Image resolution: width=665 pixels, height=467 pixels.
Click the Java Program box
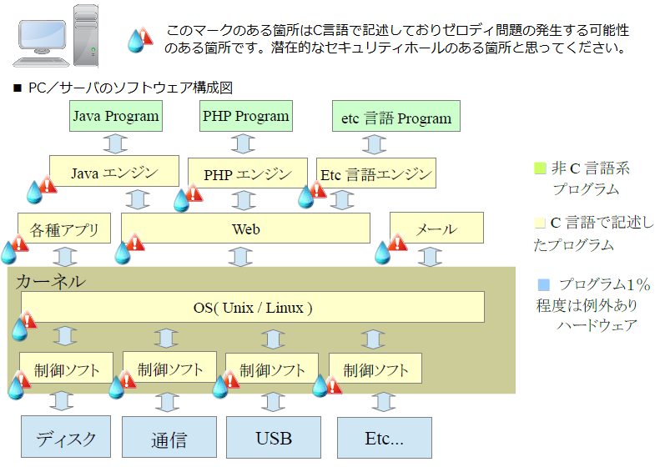click(x=115, y=116)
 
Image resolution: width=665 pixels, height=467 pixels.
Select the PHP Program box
click(x=245, y=116)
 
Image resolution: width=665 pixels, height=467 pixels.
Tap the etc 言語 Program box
click(x=396, y=118)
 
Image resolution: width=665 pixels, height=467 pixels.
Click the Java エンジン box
click(x=114, y=173)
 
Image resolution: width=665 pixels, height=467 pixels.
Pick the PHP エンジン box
click(x=248, y=174)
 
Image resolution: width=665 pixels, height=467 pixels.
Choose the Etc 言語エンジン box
click(x=376, y=174)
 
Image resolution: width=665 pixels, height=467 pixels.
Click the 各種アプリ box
click(x=64, y=228)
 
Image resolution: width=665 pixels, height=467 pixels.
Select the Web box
click(x=245, y=228)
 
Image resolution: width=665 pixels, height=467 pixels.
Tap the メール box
click(x=436, y=228)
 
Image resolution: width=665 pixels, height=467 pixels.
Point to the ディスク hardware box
click(x=65, y=438)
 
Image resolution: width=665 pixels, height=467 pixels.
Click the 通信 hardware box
click(x=169, y=438)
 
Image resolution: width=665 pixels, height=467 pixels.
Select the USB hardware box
click(x=273, y=438)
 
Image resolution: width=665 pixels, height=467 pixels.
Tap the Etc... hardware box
click(x=384, y=438)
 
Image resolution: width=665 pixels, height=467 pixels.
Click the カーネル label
click(x=50, y=281)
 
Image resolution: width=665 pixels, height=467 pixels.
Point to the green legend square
click(x=540, y=168)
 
